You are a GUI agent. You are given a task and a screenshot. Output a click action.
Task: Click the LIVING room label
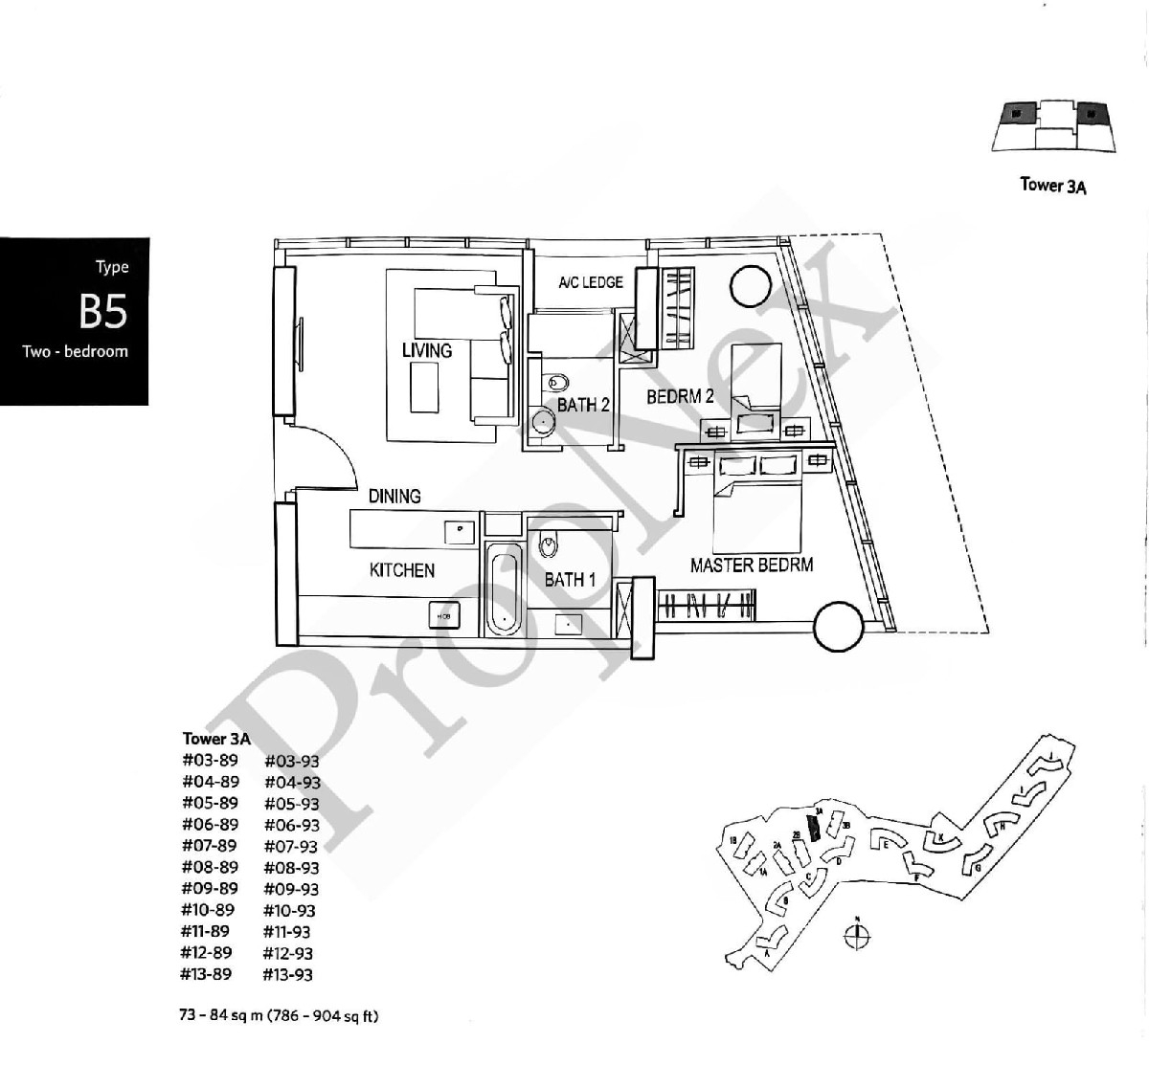427,350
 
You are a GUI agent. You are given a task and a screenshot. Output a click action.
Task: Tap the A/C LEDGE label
591,282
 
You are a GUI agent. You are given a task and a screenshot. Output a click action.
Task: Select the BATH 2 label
583,405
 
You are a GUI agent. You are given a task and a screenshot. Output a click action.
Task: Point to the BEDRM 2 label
680,396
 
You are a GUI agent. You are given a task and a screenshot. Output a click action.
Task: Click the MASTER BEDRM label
752,565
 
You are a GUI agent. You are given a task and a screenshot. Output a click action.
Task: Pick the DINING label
394,496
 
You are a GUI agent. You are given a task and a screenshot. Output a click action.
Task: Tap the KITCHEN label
402,570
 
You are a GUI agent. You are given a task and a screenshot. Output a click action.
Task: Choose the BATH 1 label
570,579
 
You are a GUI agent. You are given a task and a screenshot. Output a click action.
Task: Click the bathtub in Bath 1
502,589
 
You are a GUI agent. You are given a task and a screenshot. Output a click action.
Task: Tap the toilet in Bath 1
548,544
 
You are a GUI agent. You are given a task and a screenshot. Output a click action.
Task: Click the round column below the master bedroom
840,628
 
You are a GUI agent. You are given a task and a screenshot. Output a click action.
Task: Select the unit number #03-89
210,761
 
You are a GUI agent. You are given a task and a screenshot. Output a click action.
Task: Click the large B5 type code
103,310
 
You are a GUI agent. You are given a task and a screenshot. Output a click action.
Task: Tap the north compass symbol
858,937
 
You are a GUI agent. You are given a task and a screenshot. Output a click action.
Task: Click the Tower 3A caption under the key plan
1053,186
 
